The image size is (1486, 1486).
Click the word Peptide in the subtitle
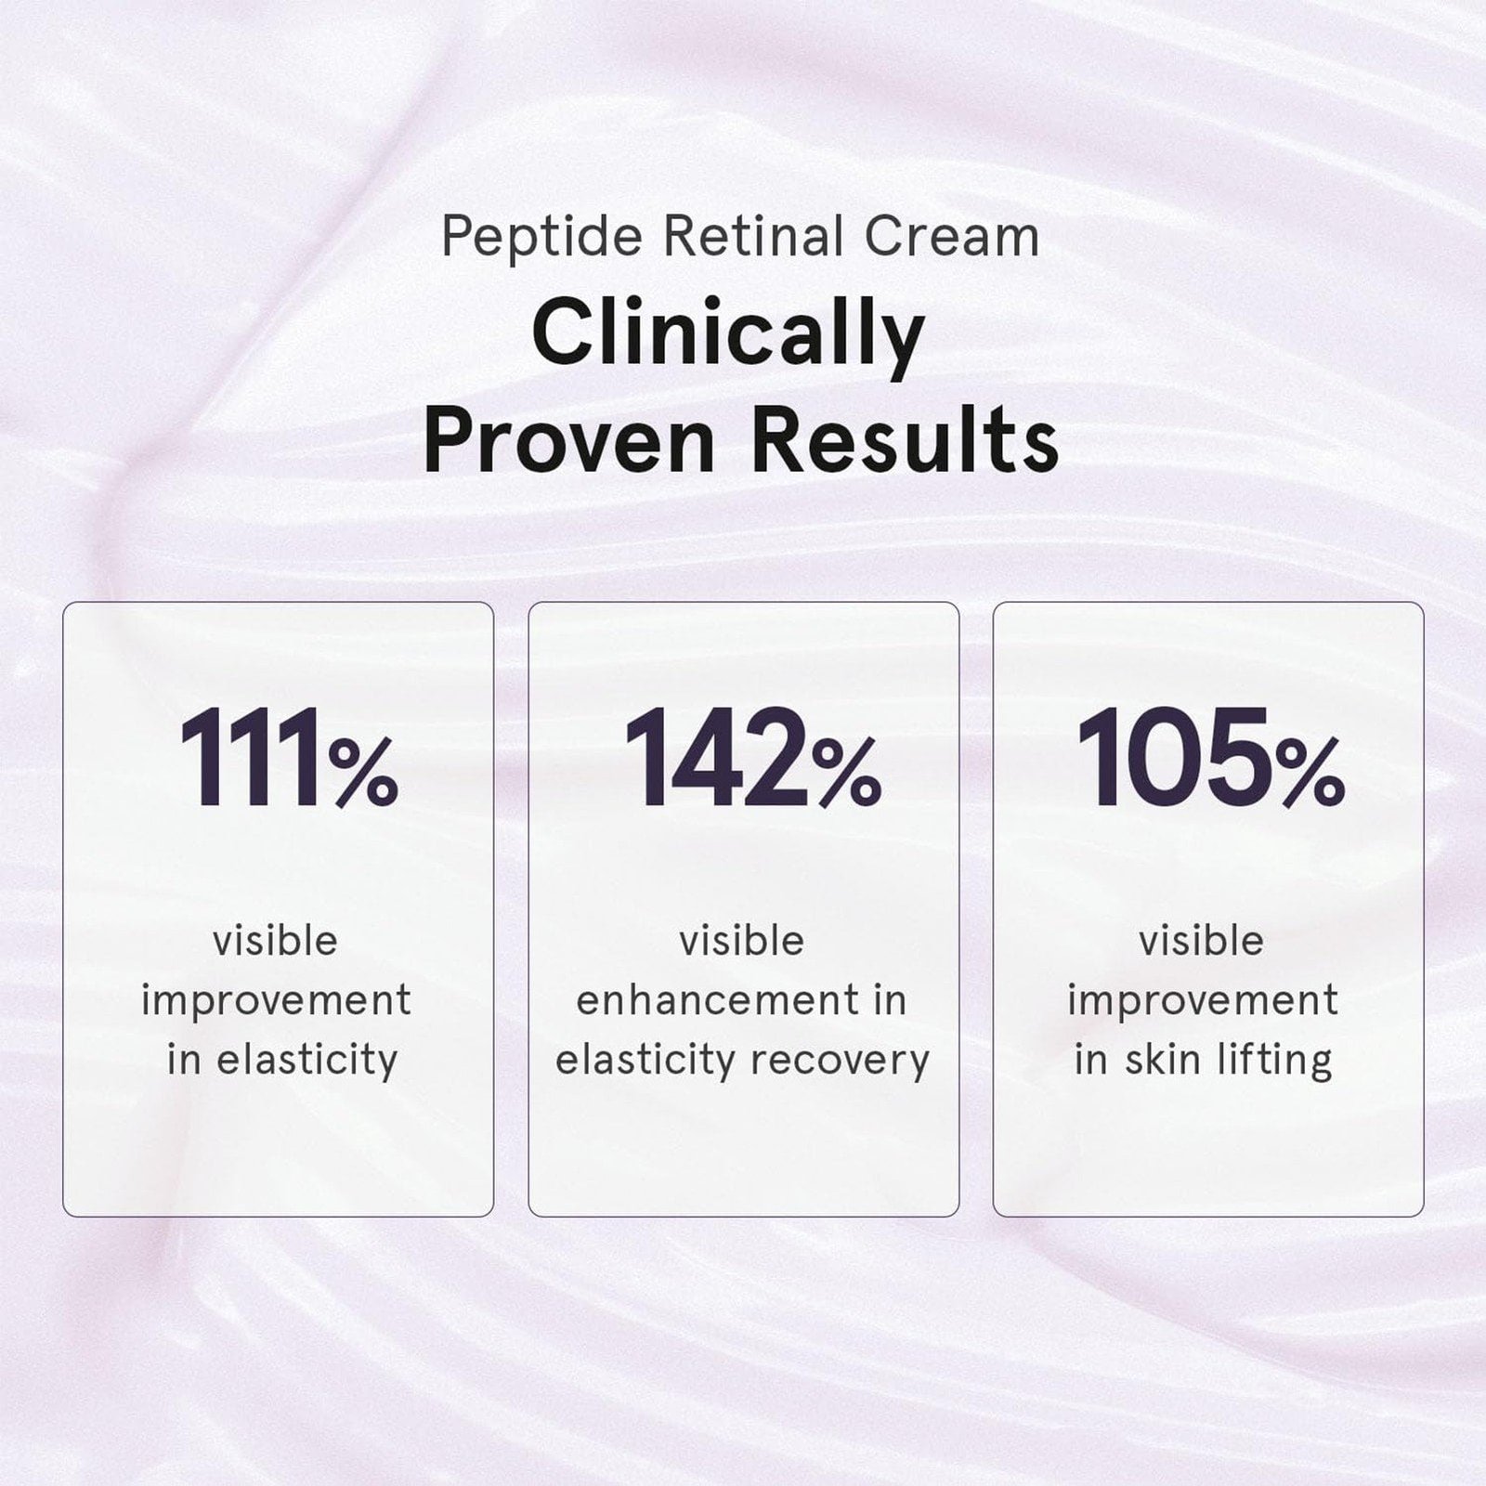(541, 238)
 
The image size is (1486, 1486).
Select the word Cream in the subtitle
(952, 237)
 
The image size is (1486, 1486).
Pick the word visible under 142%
(741, 941)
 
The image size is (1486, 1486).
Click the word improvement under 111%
(276, 1001)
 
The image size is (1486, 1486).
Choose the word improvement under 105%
(1203, 1001)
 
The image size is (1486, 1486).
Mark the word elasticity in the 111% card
(307, 1061)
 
